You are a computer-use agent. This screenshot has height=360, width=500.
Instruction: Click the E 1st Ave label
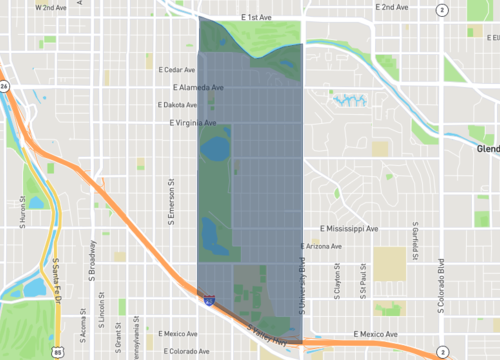click(257, 18)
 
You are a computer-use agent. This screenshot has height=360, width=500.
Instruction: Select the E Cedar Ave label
click(178, 70)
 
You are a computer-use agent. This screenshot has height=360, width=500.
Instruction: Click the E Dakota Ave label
click(179, 104)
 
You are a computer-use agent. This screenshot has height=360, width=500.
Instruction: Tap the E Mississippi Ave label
click(342, 229)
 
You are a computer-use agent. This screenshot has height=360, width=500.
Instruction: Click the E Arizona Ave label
click(322, 246)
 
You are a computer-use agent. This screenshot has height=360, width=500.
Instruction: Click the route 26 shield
click(4, 86)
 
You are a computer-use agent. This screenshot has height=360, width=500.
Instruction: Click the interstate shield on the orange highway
click(208, 298)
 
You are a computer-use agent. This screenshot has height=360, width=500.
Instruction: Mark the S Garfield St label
click(412, 243)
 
